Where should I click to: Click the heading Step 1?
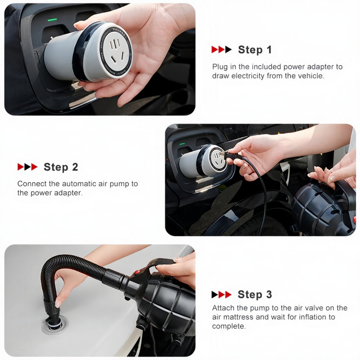(255, 50)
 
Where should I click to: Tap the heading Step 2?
(61, 167)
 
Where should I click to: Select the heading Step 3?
(255, 294)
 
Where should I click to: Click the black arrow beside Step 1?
(228, 50)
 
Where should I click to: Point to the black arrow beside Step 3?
(215, 295)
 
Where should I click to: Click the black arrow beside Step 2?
(27, 167)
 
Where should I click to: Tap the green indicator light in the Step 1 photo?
(52, 20)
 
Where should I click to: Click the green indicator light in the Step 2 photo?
(182, 144)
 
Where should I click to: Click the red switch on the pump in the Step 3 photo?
(137, 272)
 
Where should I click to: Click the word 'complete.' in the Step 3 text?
(229, 326)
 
